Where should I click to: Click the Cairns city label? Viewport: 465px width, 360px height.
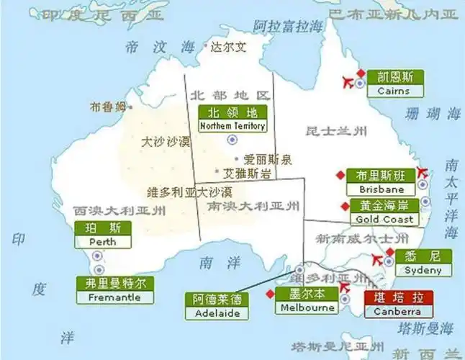point(393,84)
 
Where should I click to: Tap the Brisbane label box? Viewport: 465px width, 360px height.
point(380,182)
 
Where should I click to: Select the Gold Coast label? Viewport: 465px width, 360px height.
point(384,212)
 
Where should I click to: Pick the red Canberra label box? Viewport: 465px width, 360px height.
point(398,305)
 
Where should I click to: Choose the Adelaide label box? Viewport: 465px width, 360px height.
point(217,306)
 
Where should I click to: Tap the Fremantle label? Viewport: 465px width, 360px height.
point(114,290)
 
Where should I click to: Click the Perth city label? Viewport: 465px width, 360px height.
point(103,235)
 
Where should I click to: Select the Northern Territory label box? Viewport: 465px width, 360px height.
point(232,119)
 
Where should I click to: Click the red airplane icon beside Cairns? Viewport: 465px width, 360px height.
point(354,81)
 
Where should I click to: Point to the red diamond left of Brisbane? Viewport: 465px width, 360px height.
point(339,175)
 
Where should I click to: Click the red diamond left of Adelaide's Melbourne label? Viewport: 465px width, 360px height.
point(270,294)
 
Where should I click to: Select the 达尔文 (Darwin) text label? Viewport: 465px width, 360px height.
point(228,48)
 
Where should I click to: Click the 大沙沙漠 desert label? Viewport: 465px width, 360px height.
point(165,141)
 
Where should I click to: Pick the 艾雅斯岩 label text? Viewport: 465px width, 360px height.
point(247,174)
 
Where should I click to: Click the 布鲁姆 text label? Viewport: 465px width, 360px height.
point(107,107)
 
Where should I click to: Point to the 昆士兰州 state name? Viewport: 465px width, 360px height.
point(336,131)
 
